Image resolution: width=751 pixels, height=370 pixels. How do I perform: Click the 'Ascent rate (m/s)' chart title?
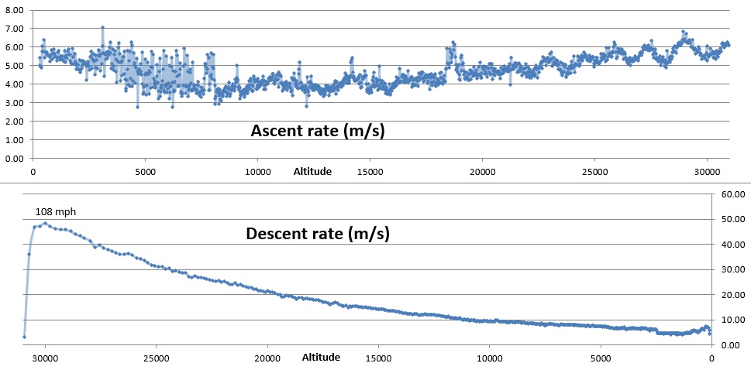(318, 131)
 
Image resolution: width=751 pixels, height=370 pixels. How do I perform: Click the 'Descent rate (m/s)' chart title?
(317, 233)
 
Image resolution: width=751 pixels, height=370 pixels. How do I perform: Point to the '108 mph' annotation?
(56, 211)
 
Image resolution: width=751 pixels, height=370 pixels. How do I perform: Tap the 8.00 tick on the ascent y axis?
(16, 9)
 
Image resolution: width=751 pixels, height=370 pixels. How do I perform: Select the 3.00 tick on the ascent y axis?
(16, 103)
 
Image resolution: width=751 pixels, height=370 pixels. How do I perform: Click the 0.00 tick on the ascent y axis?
(16, 159)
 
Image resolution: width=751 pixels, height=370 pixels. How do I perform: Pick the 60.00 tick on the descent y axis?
(732, 194)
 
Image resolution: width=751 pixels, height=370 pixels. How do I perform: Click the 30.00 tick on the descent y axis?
(732, 269)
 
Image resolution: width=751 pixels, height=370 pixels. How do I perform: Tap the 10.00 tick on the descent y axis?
(732, 320)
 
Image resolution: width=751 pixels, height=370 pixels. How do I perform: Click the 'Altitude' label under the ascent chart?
(312, 172)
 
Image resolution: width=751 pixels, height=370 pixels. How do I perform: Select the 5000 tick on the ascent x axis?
(145, 172)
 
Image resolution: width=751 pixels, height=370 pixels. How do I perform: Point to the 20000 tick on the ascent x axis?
(482, 172)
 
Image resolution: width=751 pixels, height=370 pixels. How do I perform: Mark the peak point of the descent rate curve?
(45, 224)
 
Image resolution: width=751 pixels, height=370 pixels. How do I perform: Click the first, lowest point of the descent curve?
(24, 337)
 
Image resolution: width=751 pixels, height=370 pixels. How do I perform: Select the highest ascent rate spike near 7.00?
(102, 27)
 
